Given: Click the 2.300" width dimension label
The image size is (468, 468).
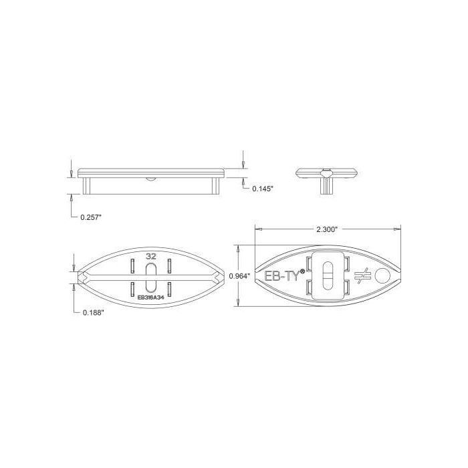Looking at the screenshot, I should (328, 229).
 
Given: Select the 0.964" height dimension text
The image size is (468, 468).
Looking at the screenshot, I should (239, 275).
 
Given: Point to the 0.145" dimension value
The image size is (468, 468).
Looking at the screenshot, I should (263, 189).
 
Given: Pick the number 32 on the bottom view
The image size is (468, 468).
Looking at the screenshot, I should (151, 255).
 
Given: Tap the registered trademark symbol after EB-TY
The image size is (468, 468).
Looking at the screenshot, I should (304, 270).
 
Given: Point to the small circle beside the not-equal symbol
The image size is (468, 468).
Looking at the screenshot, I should (382, 275).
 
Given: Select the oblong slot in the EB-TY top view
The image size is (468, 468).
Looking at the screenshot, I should (327, 275).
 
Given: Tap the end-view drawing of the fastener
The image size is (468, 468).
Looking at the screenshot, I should (328, 177).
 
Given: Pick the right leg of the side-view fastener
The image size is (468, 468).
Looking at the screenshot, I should (218, 184).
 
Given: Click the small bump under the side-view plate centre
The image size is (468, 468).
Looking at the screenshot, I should (151, 179).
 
